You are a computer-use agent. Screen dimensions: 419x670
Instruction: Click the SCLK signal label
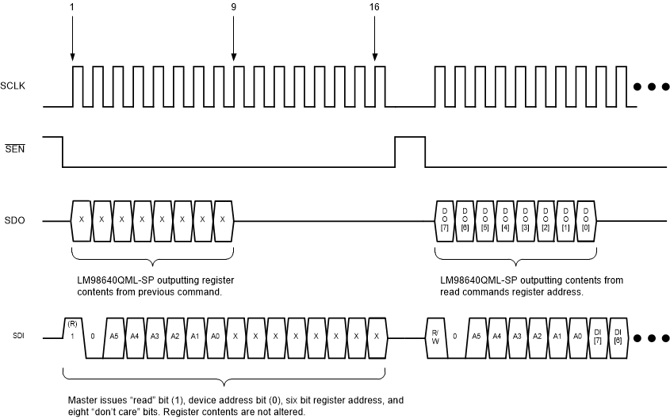(13, 85)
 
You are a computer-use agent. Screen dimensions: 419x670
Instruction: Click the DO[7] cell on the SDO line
(444, 219)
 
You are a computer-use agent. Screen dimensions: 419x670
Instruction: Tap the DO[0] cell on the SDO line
(585, 219)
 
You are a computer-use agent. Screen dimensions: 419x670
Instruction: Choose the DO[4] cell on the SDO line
(504, 219)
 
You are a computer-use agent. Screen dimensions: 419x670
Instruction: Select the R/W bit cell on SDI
(435, 336)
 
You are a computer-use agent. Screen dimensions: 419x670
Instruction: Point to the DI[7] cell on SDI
(597, 336)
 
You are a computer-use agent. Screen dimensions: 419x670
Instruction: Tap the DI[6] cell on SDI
(618, 336)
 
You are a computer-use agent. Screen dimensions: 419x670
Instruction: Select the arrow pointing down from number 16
(376, 40)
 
